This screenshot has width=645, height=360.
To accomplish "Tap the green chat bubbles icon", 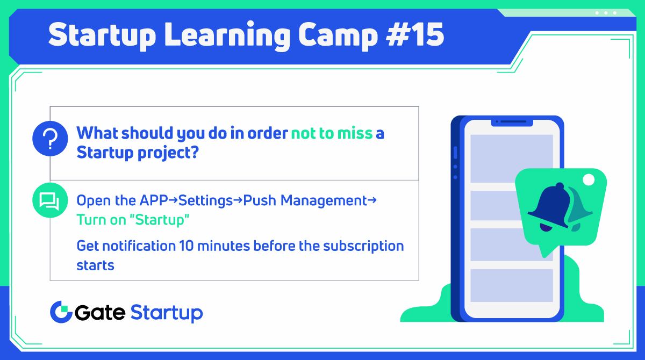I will (50, 201).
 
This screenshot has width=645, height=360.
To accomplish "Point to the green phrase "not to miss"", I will (332, 133).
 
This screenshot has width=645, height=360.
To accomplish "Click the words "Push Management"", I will (305, 201).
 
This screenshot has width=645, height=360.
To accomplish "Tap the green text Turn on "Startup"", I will (133, 220).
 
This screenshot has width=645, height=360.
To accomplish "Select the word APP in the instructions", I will (153, 201).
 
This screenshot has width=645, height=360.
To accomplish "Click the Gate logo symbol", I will (61, 312).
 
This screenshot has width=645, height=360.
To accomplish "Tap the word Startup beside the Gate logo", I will (167, 312).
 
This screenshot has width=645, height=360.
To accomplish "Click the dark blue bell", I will (549, 207).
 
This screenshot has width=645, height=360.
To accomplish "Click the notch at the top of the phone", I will (512, 122).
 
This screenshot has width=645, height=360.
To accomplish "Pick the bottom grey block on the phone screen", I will (512, 285).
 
